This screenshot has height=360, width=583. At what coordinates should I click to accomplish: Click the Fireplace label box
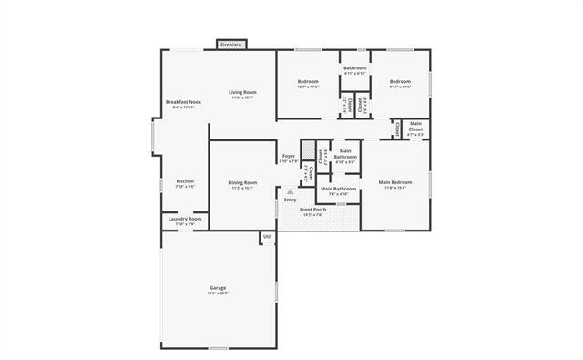tap(230, 44)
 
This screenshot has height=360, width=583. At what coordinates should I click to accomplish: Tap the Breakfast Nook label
tap(183, 101)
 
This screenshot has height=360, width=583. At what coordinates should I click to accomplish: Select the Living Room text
tap(242, 92)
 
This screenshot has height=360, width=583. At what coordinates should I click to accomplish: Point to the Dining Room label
tap(242, 182)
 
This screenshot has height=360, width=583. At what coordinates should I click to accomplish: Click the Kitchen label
tap(184, 181)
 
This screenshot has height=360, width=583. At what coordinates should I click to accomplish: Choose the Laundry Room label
tap(185, 219)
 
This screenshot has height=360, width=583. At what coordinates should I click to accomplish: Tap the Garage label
tap(218, 288)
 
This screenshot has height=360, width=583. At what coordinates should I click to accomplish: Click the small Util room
tap(268, 237)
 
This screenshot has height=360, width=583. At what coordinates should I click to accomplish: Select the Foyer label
tap(288, 156)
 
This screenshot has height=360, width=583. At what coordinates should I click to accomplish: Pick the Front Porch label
tap(313, 210)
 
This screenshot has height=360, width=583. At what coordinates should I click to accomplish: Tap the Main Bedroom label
tap(395, 182)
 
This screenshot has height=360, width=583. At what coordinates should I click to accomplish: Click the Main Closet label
tap(415, 127)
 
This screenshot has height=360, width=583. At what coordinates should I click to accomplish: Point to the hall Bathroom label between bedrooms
tap(354, 68)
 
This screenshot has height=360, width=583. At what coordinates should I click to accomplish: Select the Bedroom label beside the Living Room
tap(308, 82)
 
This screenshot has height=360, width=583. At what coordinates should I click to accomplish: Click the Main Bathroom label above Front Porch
tap(338, 189)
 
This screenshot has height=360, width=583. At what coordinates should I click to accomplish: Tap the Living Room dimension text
tap(242, 98)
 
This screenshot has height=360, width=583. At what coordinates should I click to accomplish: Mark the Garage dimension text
tap(218, 293)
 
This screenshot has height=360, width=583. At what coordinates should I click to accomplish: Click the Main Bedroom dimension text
tap(395, 188)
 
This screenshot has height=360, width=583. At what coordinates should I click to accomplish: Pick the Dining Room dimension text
tap(242, 188)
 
